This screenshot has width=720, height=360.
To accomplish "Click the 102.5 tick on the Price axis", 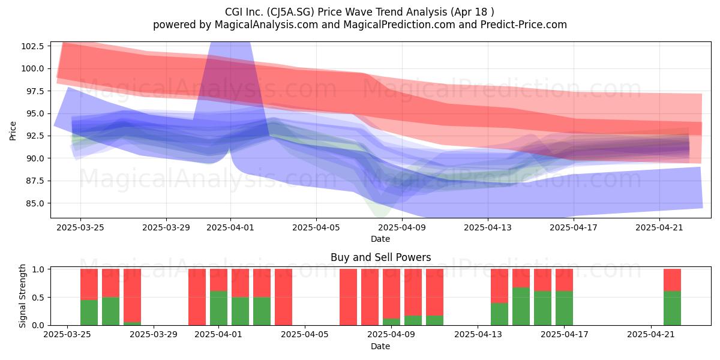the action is (x=32, y=46).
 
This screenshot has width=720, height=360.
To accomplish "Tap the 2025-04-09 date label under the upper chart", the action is (x=402, y=228).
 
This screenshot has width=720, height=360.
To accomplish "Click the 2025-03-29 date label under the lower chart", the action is (x=154, y=335).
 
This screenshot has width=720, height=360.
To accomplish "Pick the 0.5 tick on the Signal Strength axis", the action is (x=38, y=298).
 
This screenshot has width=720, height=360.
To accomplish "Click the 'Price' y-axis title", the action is (x=13, y=131).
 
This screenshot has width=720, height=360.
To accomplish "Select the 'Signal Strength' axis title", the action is (x=22, y=296).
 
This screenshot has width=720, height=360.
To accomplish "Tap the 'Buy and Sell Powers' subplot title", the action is (x=380, y=257).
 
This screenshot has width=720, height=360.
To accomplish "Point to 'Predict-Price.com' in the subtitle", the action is (x=524, y=25).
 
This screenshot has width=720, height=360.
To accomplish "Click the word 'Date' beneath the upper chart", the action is (x=380, y=239).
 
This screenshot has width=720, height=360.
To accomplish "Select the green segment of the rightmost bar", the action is (x=672, y=308).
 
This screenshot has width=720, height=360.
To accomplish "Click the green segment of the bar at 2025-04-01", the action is (x=218, y=308).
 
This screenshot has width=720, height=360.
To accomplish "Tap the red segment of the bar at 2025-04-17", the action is (x=564, y=280).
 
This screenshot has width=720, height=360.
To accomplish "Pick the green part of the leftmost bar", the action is (x=89, y=313).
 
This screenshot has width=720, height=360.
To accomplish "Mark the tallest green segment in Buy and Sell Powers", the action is (x=521, y=307).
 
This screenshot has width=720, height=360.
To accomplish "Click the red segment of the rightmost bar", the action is (x=672, y=280).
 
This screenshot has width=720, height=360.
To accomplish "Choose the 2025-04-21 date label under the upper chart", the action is (x=659, y=228).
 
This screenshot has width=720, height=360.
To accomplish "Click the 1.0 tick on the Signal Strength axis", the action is (x=38, y=269).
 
